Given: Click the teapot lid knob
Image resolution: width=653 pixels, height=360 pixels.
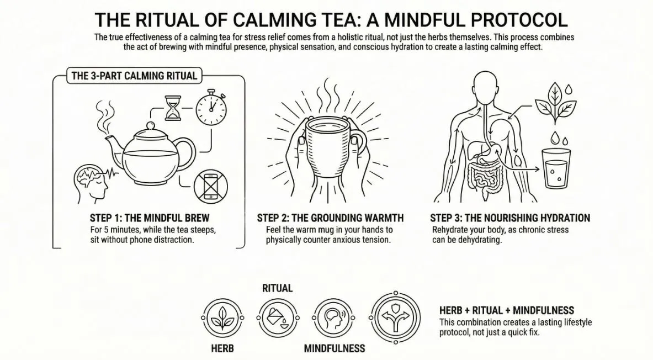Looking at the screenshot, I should (x=151, y=126).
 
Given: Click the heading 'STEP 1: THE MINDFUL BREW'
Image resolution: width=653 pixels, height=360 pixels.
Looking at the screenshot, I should (x=149, y=218).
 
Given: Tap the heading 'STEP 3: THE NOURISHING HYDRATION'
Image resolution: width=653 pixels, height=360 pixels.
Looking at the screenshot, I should (x=510, y=218).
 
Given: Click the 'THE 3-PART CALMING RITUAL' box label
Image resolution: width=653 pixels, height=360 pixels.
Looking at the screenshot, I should (x=134, y=76).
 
